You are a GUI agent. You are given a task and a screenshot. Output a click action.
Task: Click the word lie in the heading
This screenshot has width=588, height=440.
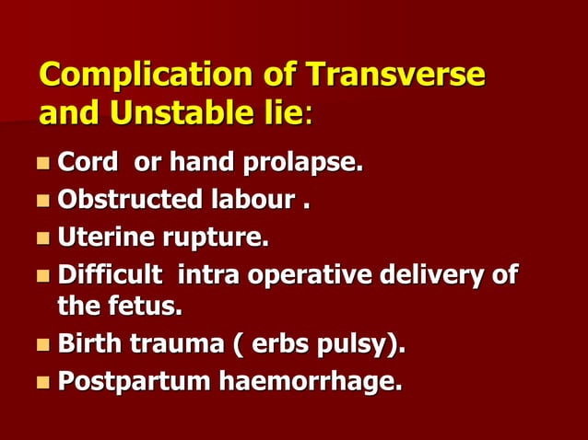[282, 115]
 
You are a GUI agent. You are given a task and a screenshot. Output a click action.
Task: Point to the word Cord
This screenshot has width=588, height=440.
[88, 163]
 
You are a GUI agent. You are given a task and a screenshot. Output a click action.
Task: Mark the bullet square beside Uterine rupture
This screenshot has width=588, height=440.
[43, 238]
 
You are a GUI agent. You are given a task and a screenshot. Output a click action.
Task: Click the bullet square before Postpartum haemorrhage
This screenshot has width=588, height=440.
[43, 381]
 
